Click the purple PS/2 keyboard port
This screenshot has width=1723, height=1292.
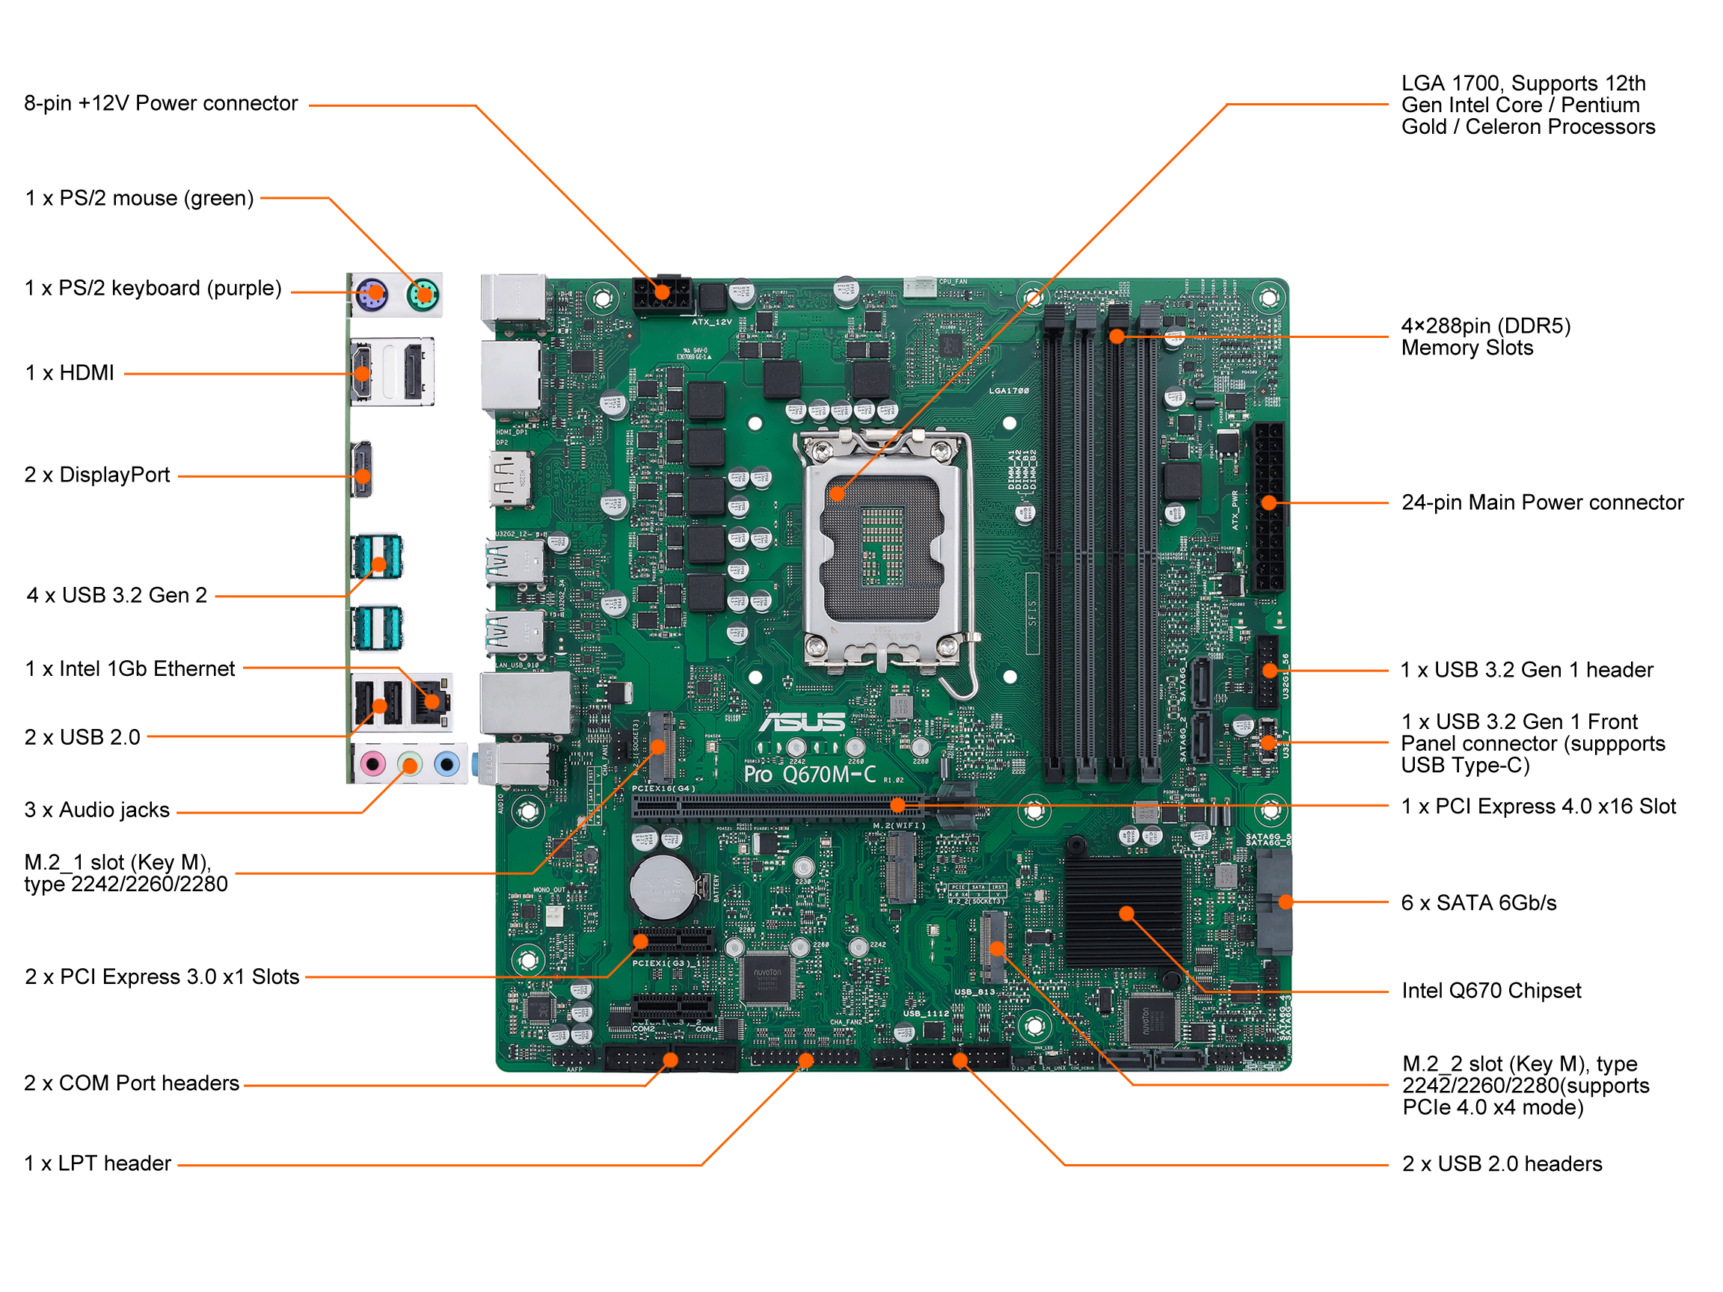tap(372, 295)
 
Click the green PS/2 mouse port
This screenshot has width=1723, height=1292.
tap(424, 295)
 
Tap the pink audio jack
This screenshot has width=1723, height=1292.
tap(373, 764)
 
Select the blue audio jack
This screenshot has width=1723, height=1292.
tap(446, 764)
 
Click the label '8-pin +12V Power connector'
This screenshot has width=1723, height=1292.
tap(161, 104)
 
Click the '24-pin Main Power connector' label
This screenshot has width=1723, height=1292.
tap(1541, 502)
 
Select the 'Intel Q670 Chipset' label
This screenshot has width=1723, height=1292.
tap(1491, 991)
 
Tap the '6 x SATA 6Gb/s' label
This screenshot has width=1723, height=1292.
tap(1478, 902)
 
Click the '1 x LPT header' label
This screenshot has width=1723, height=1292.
tap(97, 1163)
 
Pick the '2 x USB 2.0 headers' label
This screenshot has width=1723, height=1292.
tap(1502, 1163)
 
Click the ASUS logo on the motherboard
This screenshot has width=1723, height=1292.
tap(803, 723)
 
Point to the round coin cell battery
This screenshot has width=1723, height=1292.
tap(663, 888)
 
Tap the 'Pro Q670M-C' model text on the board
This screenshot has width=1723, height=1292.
tap(810, 774)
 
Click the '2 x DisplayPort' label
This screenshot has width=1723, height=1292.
tap(97, 475)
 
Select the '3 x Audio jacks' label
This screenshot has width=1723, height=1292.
tap(97, 810)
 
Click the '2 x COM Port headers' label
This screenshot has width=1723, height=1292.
tap(132, 1083)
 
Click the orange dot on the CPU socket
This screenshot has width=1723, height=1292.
tap(838, 493)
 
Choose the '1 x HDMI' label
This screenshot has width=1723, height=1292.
tap(70, 373)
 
